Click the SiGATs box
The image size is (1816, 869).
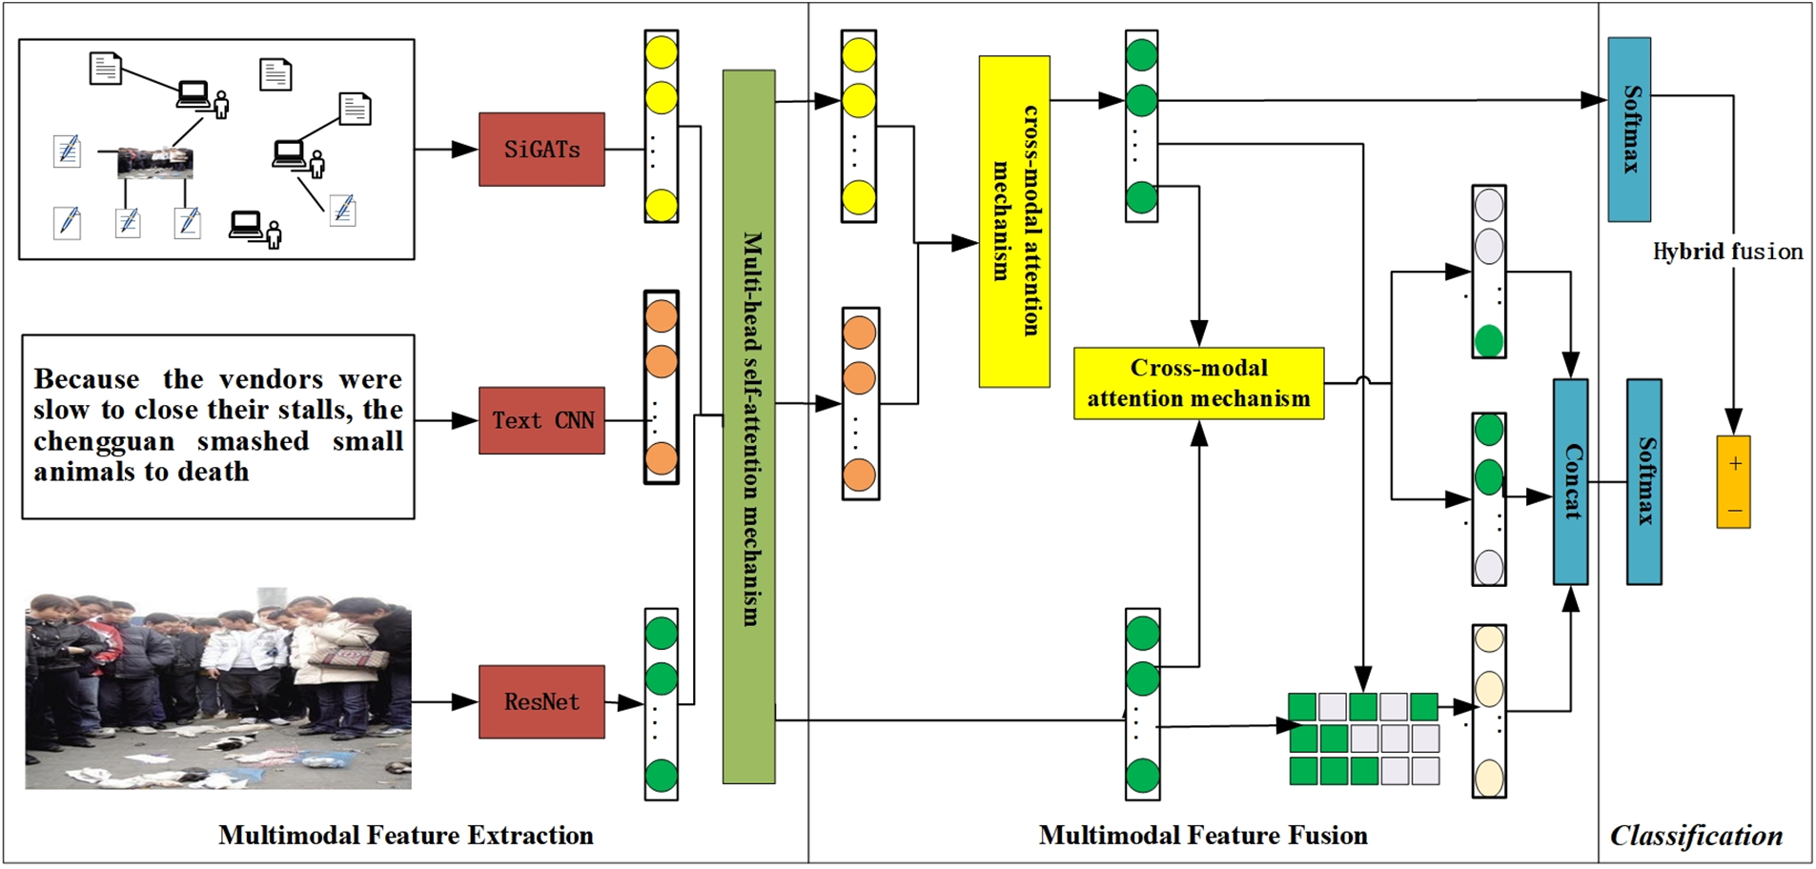pos(541,150)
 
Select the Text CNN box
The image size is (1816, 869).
pos(541,420)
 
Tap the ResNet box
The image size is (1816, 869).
pos(541,702)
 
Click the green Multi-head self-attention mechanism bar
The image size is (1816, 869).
pos(749,427)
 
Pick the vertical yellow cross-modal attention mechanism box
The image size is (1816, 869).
pos(1014,221)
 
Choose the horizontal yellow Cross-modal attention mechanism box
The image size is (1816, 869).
pos(1199,383)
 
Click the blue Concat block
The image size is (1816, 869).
pos(1571,482)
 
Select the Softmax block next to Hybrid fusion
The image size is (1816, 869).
pos(1630,130)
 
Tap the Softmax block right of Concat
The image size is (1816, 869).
pos(1644,482)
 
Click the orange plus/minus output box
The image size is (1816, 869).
pos(1734,482)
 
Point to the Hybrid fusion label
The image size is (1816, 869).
pos(1727,252)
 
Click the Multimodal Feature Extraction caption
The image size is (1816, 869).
pos(406,836)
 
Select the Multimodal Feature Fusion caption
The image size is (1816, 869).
pos(1203,836)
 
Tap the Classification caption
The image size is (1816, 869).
pos(1697,836)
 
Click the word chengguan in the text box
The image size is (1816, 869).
pos(105,442)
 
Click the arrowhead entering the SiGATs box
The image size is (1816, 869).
pos(465,150)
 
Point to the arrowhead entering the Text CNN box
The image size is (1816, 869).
pos(465,420)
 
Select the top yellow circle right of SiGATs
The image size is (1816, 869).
pos(662,51)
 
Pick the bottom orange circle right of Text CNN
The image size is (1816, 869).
pos(662,459)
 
